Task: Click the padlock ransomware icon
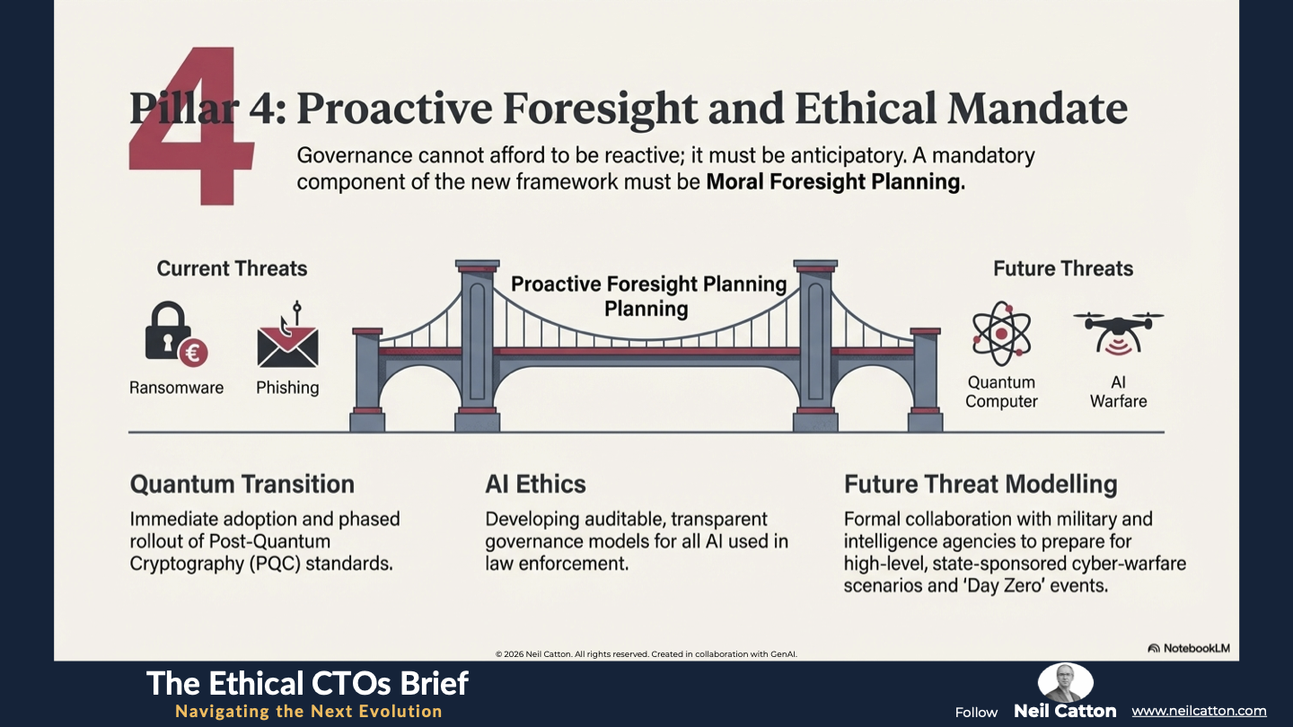tap(172, 334)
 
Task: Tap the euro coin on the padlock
tap(193, 352)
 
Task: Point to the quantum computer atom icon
tap(1001, 334)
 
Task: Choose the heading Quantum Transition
tap(242, 484)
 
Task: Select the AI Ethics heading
tap(535, 484)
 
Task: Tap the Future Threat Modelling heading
tap(981, 484)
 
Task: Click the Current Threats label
tap(232, 268)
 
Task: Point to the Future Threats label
tap(1063, 268)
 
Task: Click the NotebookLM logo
tap(1189, 648)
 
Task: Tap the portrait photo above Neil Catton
tap(1065, 682)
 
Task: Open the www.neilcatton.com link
tap(1199, 711)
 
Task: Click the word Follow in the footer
tap(976, 713)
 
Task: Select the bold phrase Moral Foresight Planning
tap(835, 181)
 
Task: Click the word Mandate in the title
tap(1037, 108)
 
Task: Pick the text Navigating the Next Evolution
tap(309, 711)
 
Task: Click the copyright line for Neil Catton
tap(646, 654)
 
